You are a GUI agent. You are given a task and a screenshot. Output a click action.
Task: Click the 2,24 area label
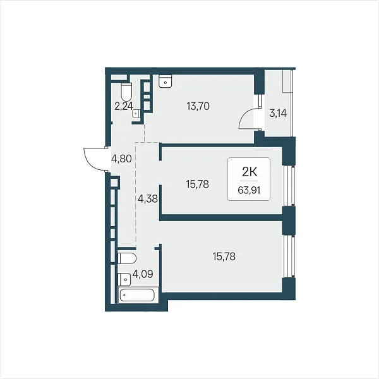[x=124, y=106]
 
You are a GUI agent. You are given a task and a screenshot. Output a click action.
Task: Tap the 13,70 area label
[x=198, y=106]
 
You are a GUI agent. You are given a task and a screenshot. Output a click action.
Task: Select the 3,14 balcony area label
[x=278, y=113]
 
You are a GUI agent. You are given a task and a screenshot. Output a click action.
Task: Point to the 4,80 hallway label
[x=121, y=159]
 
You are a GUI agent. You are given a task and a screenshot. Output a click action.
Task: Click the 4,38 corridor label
[x=147, y=199]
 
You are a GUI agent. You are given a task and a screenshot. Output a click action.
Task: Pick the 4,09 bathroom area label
[x=143, y=274]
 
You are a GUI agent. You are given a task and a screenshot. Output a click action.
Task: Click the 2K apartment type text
[x=250, y=172]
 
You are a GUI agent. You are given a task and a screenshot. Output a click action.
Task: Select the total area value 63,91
[x=249, y=191]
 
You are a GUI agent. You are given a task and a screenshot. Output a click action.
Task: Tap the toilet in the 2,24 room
[x=126, y=92]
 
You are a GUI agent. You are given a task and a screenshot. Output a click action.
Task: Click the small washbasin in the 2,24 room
[x=136, y=113]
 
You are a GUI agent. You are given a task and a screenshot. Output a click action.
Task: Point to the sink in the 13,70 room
[x=165, y=81]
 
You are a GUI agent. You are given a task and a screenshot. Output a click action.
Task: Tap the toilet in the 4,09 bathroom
[x=127, y=258]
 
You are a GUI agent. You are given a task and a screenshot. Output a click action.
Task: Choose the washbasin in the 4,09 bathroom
[x=124, y=280]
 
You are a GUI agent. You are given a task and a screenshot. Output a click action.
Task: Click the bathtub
[x=138, y=295]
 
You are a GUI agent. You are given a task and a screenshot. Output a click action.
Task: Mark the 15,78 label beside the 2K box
[x=198, y=184]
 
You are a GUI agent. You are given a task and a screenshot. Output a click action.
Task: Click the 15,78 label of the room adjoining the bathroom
[x=224, y=256]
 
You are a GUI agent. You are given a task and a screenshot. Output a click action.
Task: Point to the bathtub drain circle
[x=124, y=296]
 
